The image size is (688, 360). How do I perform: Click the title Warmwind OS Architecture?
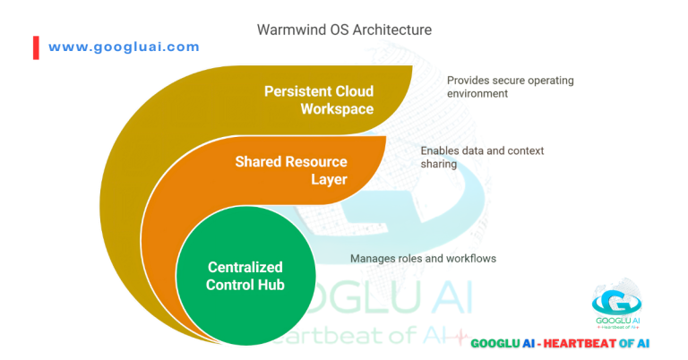344,30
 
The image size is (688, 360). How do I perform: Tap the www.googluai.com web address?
124,47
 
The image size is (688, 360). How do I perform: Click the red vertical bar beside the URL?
36,47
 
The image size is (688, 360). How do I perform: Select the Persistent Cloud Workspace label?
319,100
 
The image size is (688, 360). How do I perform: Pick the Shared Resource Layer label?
291,170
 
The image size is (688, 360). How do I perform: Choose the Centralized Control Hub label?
245,276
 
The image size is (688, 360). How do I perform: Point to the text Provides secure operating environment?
511,86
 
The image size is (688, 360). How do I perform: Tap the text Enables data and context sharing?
482,158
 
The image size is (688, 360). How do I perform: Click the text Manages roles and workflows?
423,259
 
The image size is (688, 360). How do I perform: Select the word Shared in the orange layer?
258,162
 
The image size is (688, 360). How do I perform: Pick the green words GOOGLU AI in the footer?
503,343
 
